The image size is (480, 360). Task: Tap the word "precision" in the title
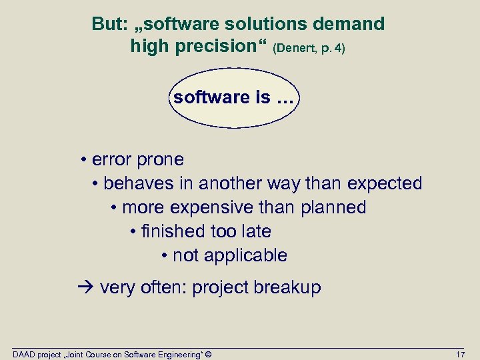[x=221, y=47]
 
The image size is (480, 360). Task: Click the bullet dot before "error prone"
[x=85, y=160]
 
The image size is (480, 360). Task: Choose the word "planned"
[x=333, y=207]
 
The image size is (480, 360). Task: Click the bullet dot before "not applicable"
[x=164, y=256]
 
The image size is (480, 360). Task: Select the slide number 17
[x=460, y=353]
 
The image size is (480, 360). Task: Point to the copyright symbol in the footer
[x=209, y=353]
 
